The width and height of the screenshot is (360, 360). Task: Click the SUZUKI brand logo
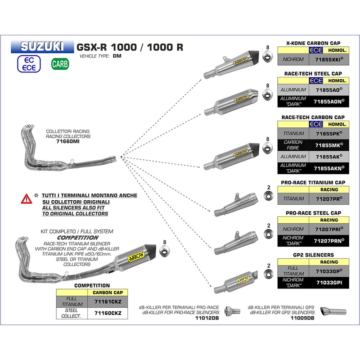45,47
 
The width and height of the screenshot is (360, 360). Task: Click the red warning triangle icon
25,198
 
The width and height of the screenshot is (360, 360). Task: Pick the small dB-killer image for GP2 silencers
331,311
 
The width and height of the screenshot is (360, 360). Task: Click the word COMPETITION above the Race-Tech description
78,237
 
